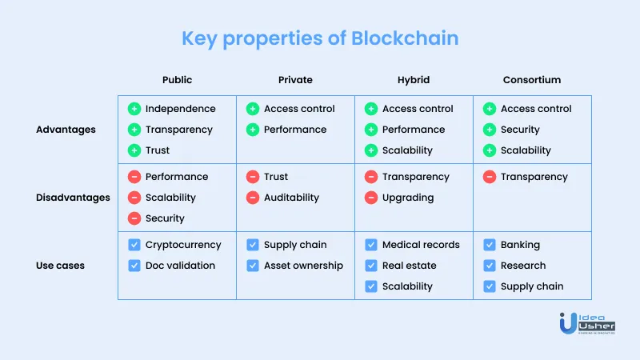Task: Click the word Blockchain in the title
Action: click(x=405, y=38)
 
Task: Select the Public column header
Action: click(x=177, y=79)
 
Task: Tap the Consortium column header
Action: click(x=532, y=79)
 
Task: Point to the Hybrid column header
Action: click(x=414, y=80)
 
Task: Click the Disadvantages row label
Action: click(x=73, y=198)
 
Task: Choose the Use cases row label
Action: click(x=61, y=266)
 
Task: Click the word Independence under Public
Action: click(x=181, y=109)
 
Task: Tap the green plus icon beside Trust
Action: click(x=134, y=150)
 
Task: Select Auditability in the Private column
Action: click(x=291, y=198)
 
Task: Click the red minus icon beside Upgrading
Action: click(x=371, y=198)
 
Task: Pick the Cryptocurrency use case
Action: click(x=183, y=245)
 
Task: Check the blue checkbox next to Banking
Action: click(x=490, y=245)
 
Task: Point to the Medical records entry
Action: click(x=421, y=245)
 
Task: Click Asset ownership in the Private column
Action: click(x=303, y=266)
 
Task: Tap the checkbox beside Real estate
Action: click(x=371, y=266)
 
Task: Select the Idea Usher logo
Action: click(x=587, y=324)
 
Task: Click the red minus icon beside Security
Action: click(x=134, y=218)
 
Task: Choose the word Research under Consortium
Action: click(x=523, y=266)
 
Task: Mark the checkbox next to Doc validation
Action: click(x=134, y=266)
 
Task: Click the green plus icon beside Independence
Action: click(x=134, y=109)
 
